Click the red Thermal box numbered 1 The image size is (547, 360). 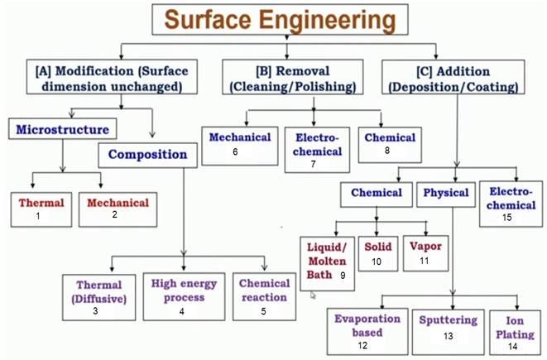36,208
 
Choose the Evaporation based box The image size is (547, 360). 368,329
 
